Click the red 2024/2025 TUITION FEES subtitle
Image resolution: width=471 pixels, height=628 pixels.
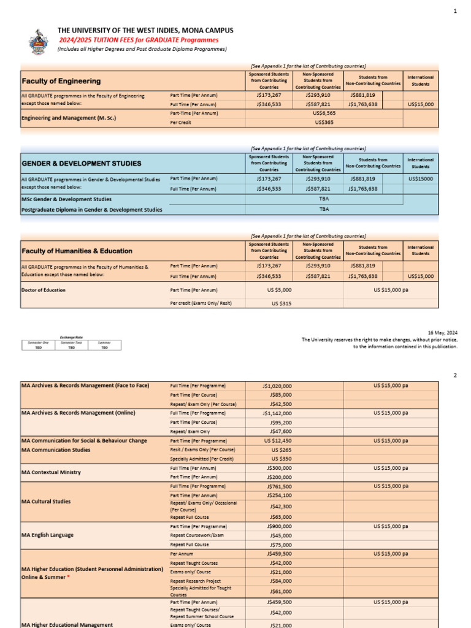[x=138, y=40]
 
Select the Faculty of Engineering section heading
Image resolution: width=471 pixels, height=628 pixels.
[x=61, y=81]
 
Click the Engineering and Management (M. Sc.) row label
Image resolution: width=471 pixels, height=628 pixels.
[x=69, y=118]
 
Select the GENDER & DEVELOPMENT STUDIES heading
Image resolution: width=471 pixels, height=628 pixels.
[x=81, y=164]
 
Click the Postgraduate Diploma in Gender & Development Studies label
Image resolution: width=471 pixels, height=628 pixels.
[x=92, y=209]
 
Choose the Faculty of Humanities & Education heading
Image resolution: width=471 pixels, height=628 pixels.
[x=77, y=251]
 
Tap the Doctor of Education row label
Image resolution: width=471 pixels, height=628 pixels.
[x=44, y=290]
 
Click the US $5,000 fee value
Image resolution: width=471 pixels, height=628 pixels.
[x=279, y=289]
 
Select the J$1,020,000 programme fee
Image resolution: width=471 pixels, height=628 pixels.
[x=277, y=386]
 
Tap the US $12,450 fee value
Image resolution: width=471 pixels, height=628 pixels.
[x=278, y=440]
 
